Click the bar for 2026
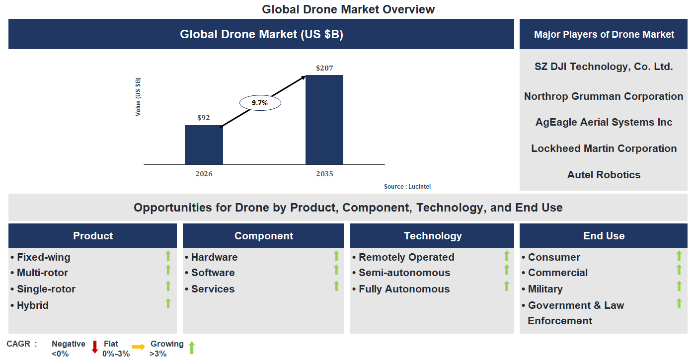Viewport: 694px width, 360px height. (x=204, y=144)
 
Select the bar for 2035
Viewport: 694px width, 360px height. (x=324, y=120)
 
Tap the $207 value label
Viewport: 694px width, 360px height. (x=324, y=68)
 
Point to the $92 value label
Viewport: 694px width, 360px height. (x=204, y=118)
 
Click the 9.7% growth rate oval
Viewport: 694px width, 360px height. (x=260, y=103)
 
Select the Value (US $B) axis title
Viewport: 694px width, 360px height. (x=138, y=97)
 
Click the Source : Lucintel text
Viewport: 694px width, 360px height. (x=407, y=187)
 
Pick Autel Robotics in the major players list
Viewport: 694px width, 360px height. (x=604, y=175)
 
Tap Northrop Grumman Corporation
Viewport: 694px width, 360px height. (x=604, y=96)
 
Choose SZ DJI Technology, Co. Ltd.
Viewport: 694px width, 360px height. (x=604, y=67)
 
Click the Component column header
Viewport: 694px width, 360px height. (x=263, y=236)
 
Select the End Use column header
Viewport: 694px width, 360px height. (x=604, y=236)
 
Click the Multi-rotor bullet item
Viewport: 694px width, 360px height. (x=42, y=273)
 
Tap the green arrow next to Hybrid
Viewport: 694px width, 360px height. (x=168, y=303)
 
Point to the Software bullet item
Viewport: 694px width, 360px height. (x=213, y=273)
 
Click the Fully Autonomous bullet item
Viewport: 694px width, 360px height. (x=404, y=289)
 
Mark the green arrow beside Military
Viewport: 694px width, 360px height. (x=679, y=287)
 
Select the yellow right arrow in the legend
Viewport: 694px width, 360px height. (x=139, y=347)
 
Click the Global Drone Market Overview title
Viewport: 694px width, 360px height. (x=348, y=9)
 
